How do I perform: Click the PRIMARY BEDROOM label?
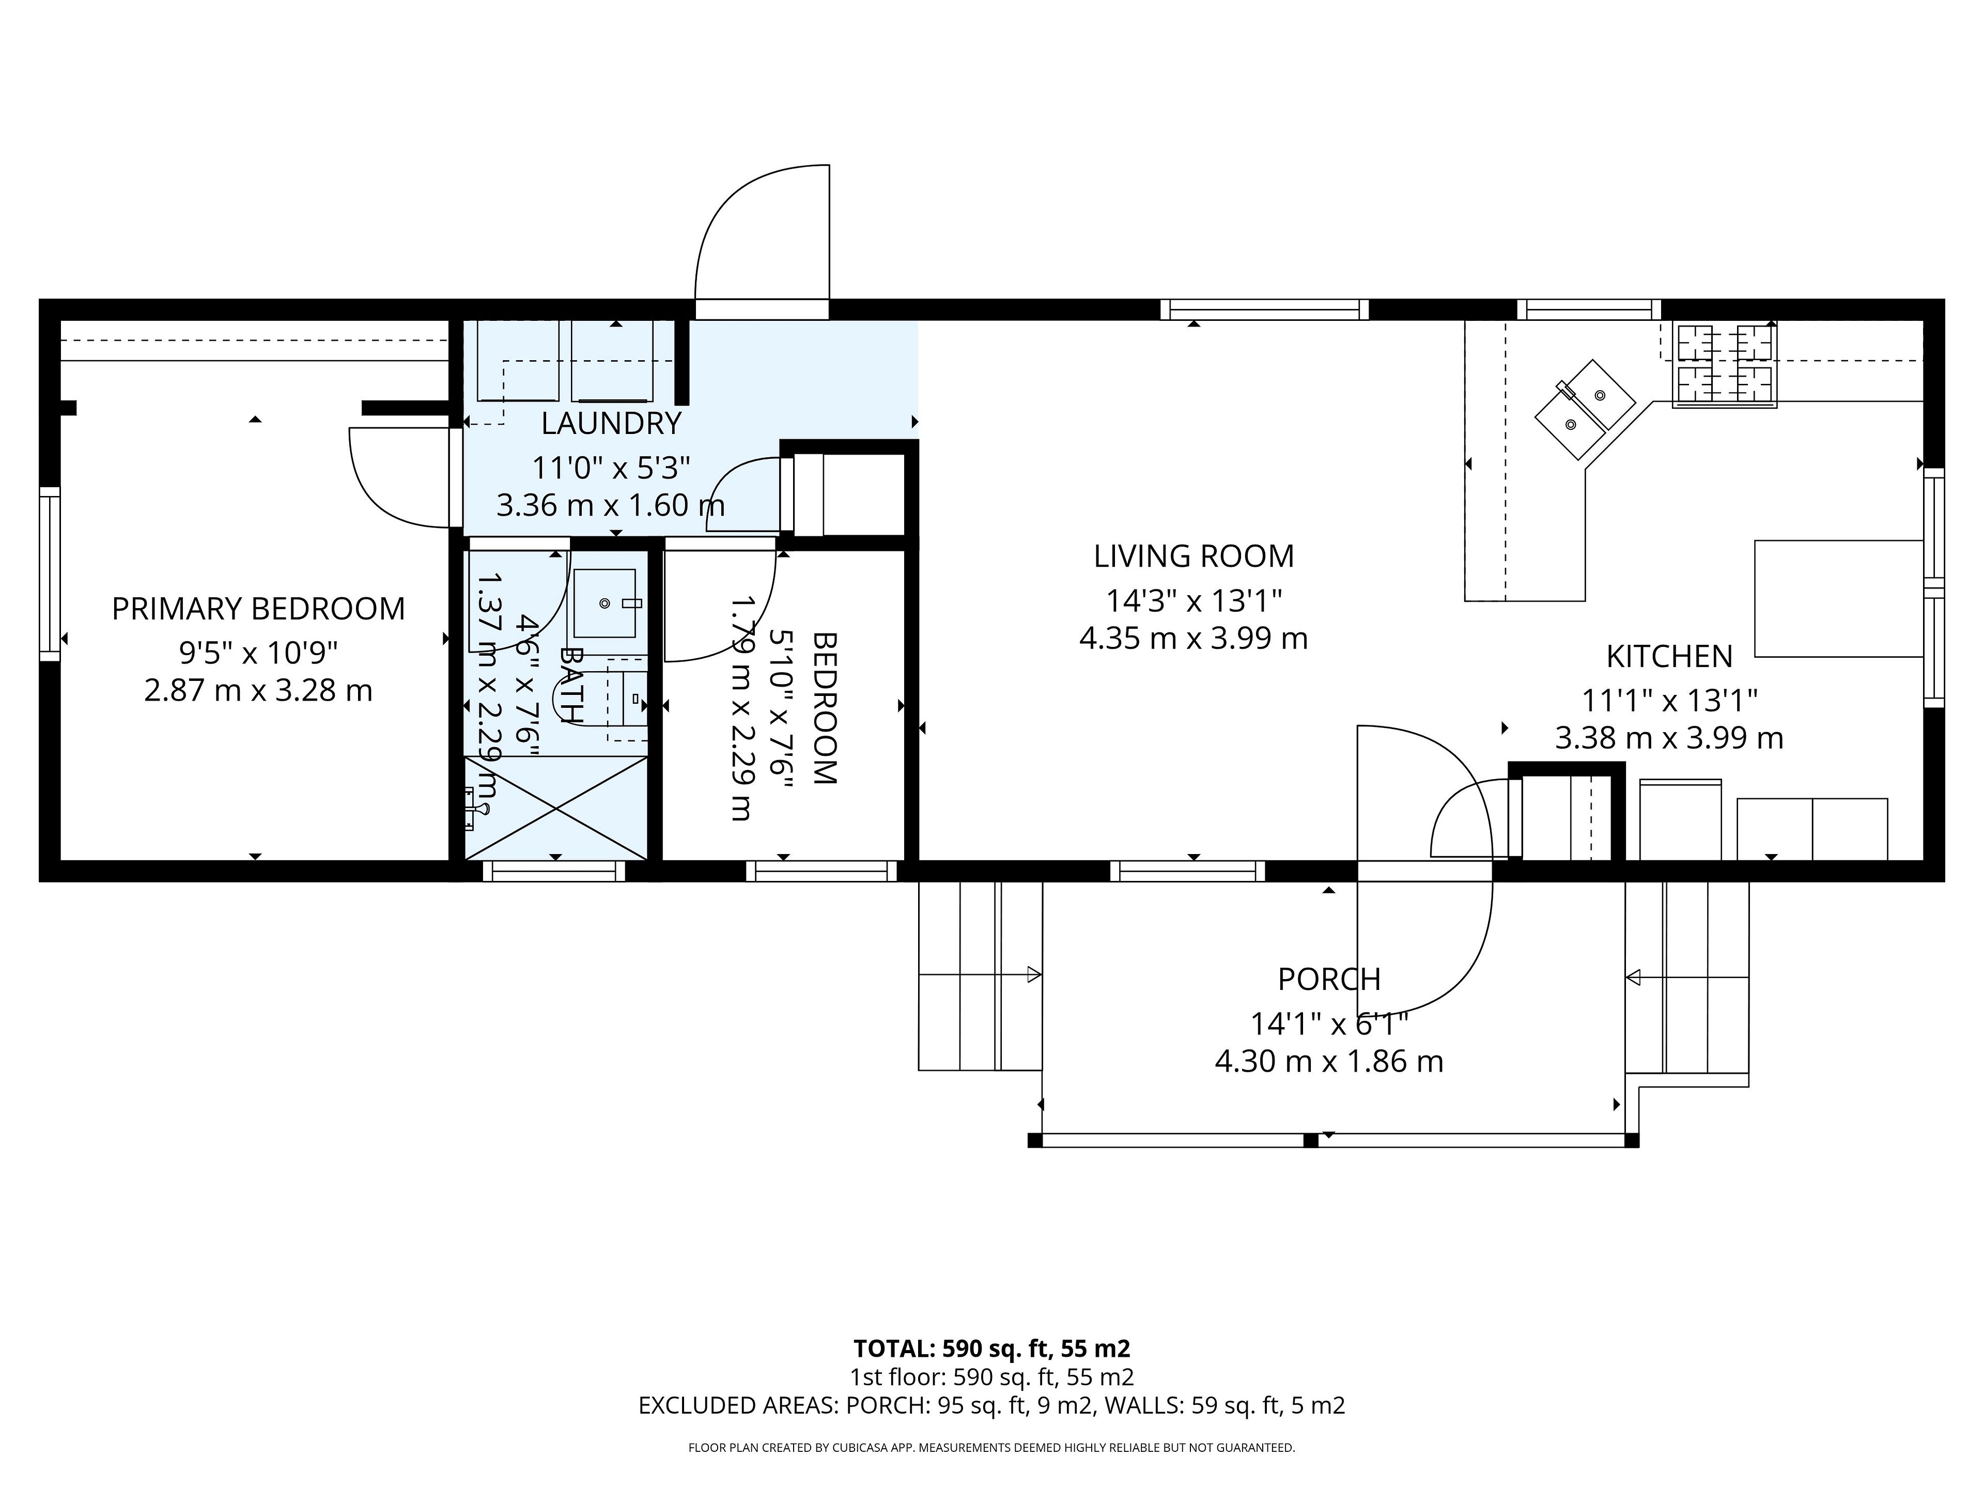258,609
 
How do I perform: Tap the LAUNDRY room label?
611,423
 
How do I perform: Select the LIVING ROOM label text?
1194,556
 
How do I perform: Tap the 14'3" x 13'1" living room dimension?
1194,599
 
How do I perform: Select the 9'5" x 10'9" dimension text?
258,652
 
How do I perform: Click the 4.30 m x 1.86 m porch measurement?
1329,1062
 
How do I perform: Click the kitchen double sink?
1585,409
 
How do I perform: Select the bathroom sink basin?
605,603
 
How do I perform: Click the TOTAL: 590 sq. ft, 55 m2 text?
992,1349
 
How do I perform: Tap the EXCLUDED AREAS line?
992,1405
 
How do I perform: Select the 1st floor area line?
992,1377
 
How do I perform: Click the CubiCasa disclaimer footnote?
992,1448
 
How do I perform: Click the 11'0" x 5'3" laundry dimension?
611,467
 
